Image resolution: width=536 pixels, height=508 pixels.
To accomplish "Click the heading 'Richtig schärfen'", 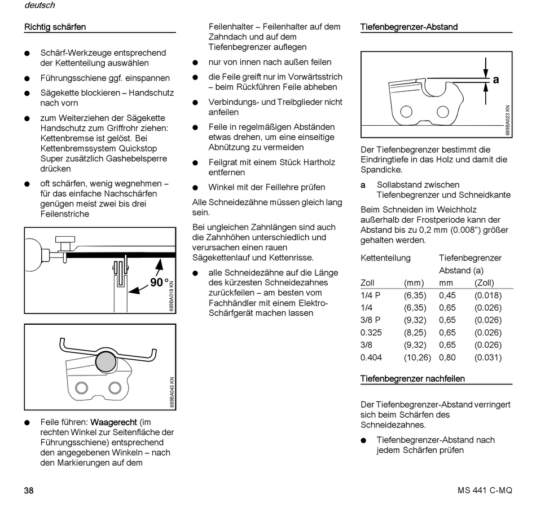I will pos(55,26).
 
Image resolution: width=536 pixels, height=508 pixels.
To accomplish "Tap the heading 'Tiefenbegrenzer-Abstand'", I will pos(408,26).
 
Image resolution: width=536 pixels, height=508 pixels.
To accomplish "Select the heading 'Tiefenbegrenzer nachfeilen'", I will pos(412,378).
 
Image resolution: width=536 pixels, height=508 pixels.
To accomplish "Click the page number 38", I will pos(29,490).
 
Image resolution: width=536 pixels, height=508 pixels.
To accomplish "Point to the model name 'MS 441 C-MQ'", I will pos(485,490).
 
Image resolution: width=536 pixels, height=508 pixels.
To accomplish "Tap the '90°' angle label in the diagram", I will pos(160,282).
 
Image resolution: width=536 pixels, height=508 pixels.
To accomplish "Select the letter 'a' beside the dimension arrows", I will pos(496,79).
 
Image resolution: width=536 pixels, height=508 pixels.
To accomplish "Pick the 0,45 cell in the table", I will pos(447,295).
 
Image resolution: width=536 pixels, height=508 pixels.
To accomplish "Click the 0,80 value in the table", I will pos(447,357).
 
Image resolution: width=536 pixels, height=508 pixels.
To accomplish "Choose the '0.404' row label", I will pos(371,357).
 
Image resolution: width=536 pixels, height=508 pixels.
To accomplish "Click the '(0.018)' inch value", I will pos(487,295).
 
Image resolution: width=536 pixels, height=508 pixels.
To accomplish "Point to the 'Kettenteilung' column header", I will pos(385,258).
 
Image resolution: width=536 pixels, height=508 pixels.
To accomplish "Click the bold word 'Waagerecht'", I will pos(114,422).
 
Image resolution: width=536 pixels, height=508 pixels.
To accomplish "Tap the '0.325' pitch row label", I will pos(371,333).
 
